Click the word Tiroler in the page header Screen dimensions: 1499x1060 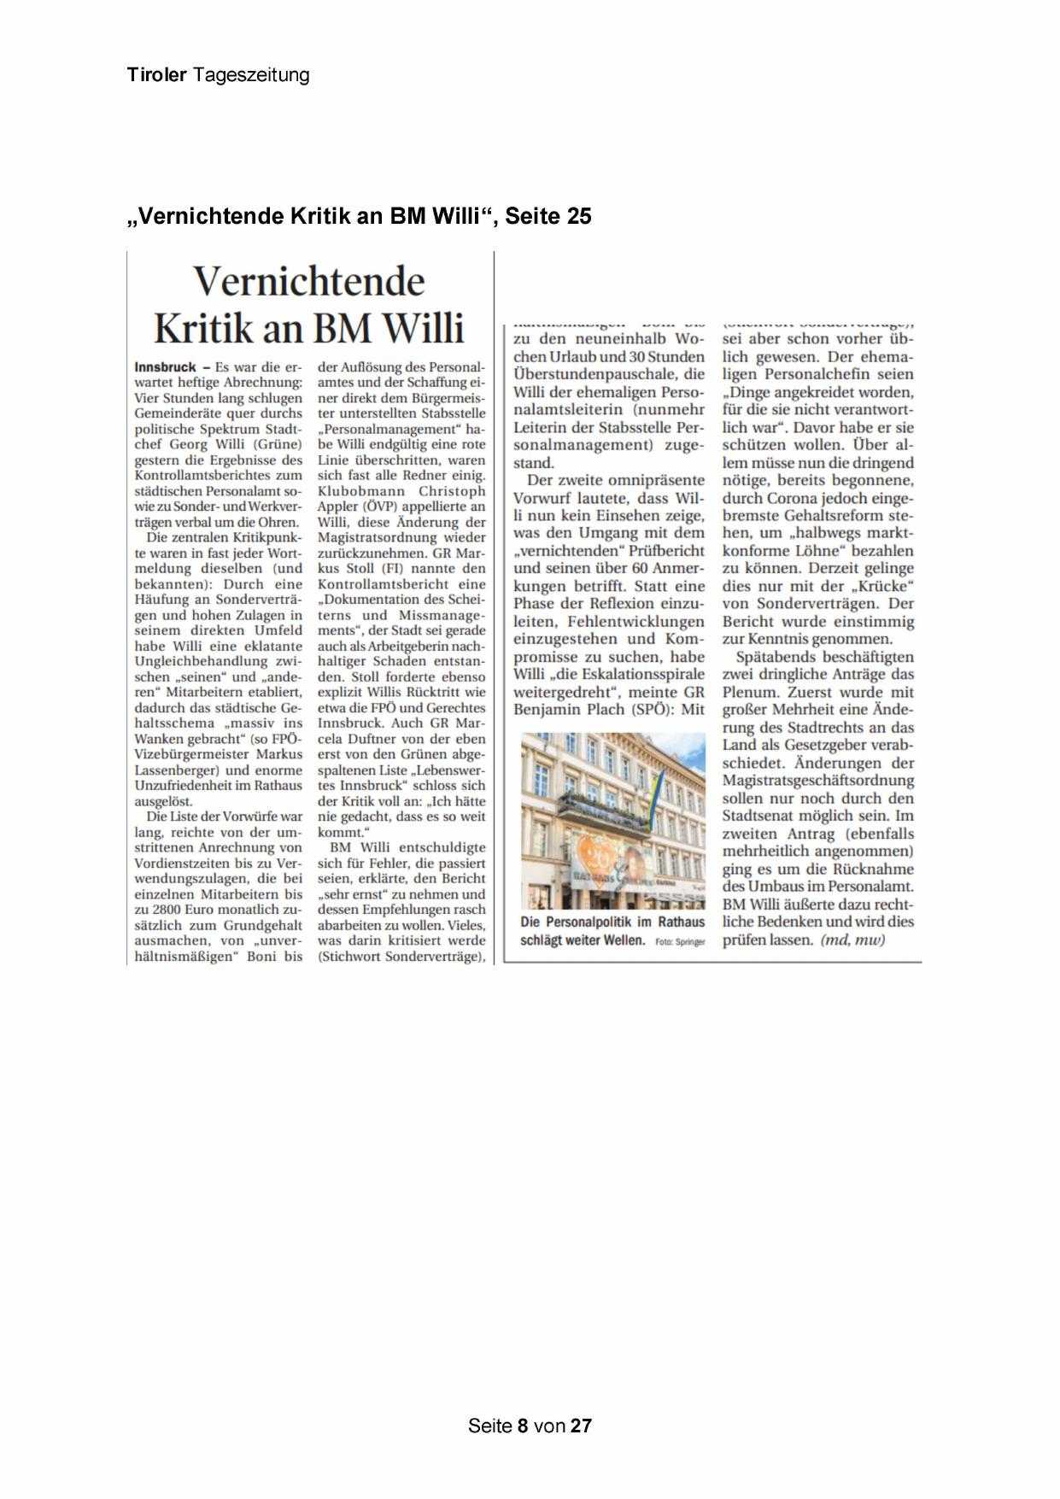tap(156, 75)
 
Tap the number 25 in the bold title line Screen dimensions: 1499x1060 tap(577, 217)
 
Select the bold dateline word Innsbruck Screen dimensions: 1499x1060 tap(165, 367)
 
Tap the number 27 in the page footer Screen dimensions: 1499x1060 tap(581, 1426)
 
